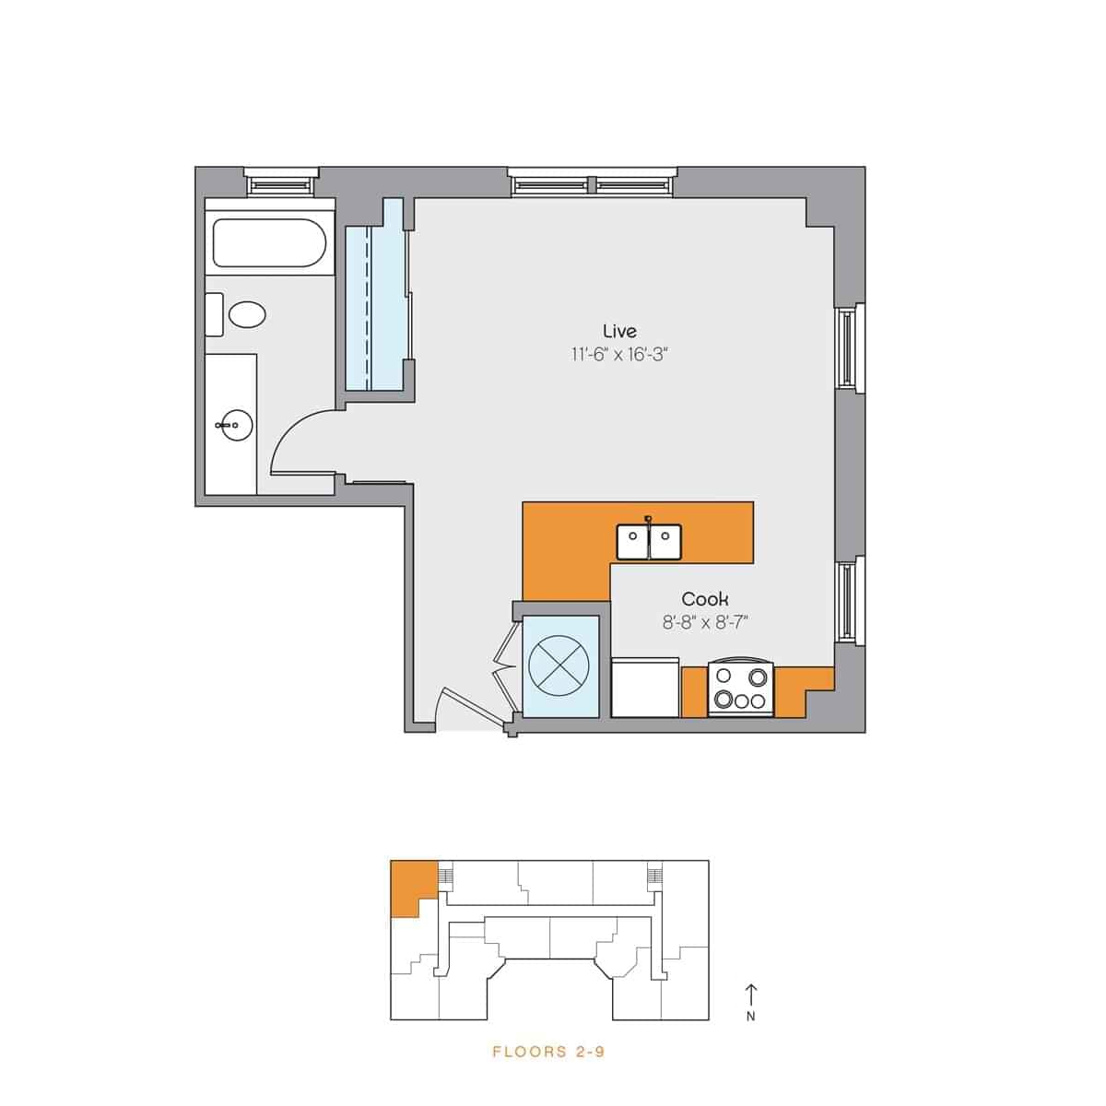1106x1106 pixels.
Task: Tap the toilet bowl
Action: click(246, 315)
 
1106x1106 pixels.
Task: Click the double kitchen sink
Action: click(649, 542)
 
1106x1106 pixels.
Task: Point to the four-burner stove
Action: click(741, 690)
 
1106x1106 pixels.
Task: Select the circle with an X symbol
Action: click(559, 665)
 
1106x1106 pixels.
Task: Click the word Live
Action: click(619, 331)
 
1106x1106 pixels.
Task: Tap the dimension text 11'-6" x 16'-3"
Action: click(618, 354)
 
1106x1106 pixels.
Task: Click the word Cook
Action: click(705, 600)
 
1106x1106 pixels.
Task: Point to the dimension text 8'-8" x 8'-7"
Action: click(705, 623)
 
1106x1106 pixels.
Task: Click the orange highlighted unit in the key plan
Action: click(410, 885)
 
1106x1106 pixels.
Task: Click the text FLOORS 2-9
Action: click(548, 1052)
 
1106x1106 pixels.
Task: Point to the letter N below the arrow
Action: click(751, 1018)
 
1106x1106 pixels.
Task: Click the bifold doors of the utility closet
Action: click(504, 665)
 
